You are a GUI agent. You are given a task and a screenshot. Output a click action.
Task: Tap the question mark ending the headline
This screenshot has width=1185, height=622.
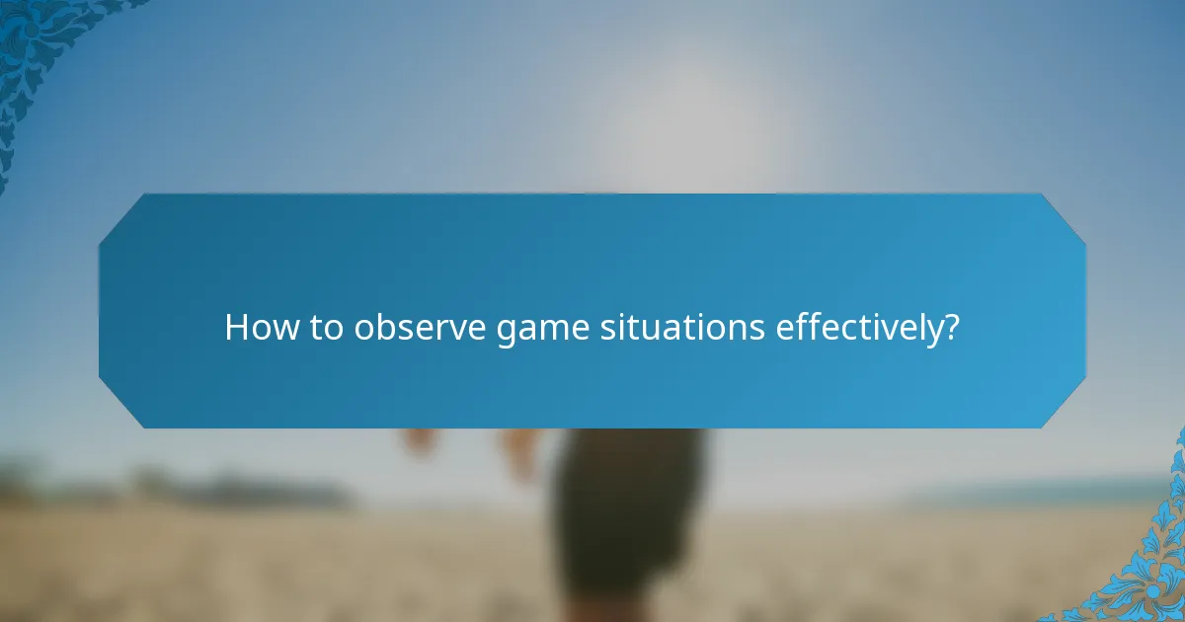pos(951,327)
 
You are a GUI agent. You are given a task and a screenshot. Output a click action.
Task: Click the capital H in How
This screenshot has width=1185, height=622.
pos(236,327)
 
